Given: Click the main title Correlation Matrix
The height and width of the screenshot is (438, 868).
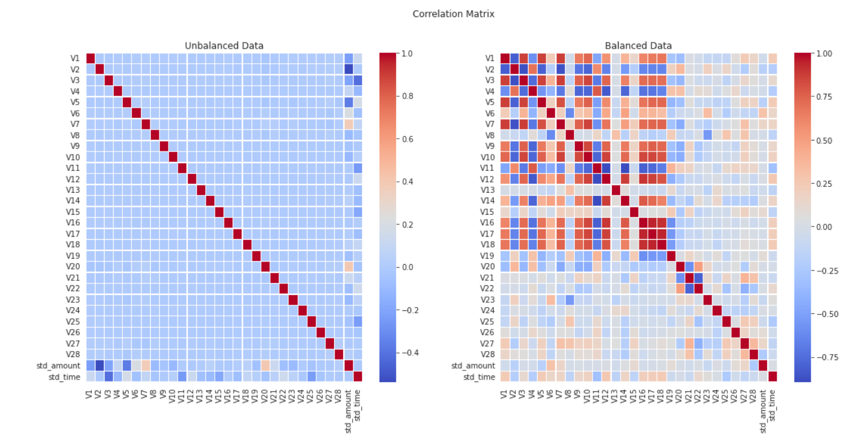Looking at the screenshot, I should [453, 13].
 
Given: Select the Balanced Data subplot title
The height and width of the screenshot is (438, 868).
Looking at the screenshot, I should [638, 46].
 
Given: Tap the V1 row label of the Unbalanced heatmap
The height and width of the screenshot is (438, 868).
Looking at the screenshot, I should [75, 58].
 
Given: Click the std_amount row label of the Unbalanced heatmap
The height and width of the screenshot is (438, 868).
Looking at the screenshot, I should [63, 365].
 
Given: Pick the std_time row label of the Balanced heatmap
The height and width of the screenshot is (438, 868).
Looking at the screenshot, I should [480, 377].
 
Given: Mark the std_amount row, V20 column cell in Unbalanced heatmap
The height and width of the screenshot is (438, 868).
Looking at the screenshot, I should [265, 366].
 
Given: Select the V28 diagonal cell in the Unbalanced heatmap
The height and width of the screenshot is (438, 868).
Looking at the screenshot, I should [339, 354].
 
